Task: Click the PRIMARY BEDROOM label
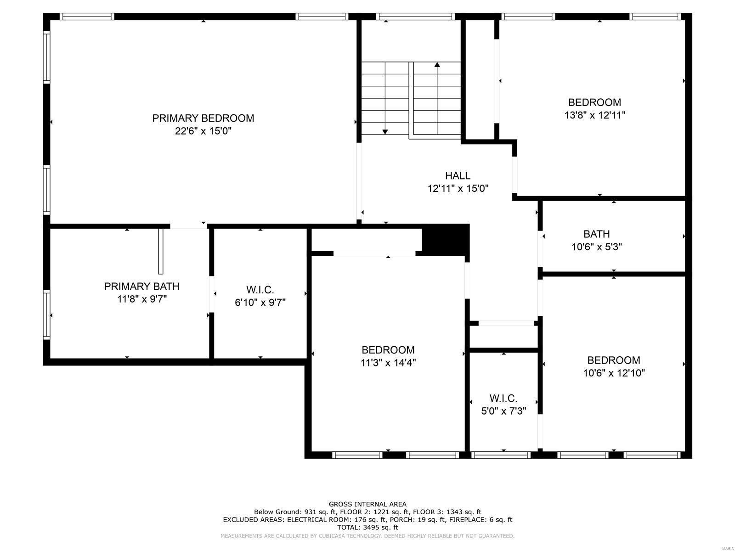pyautogui.click(x=203, y=118)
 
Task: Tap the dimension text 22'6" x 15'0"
pyautogui.click(x=203, y=131)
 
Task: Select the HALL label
pyautogui.click(x=458, y=175)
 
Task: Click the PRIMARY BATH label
pyautogui.click(x=141, y=286)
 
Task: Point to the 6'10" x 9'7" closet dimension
pyautogui.click(x=260, y=303)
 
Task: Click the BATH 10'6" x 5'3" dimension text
pyautogui.click(x=596, y=247)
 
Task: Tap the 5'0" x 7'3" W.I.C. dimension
pyautogui.click(x=503, y=411)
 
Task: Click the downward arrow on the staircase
pyautogui.click(x=385, y=131)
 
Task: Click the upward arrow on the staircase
pyautogui.click(x=437, y=65)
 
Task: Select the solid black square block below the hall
pyautogui.click(x=445, y=239)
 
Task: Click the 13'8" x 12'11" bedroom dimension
pyautogui.click(x=594, y=115)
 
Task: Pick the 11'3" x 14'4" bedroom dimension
pyautogui.click(x=388, y=363)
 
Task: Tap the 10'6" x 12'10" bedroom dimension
pyautogui.click(x=614, y=373)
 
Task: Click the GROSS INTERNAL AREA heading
pyautogui.click(x=367, y=504)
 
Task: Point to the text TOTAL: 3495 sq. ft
pyautogui.click(x=367, y=528)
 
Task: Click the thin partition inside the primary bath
pyautogui.click(x=160, y=251)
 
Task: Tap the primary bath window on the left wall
pyautogui.click(x=46, y=315)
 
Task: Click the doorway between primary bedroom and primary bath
pyautogui.click(x=188, y=226)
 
